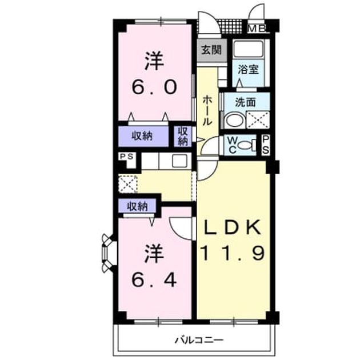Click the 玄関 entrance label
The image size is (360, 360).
(211, 50)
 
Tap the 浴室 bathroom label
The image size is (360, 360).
(248, 69)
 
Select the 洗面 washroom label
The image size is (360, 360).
(246, 102)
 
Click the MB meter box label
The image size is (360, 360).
(257, 29)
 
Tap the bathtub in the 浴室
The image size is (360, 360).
(248, 49)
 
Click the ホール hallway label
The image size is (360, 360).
(207, 110)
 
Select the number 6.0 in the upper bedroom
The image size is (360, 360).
(154, 87)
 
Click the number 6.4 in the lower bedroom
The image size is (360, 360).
(154, 279)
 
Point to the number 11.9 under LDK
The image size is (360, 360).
(233, 253)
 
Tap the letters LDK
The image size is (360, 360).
(233, 227)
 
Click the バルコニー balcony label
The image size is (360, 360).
(199, 340)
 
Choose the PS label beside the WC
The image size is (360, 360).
(266, 145)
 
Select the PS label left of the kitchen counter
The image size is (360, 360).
(127, 157)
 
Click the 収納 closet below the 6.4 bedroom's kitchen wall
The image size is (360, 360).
(137, 206)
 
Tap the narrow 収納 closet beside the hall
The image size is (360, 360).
(183, 137)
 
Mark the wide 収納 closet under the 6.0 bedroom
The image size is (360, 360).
(143, 137)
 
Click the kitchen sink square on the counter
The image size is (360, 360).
(179, 161)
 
